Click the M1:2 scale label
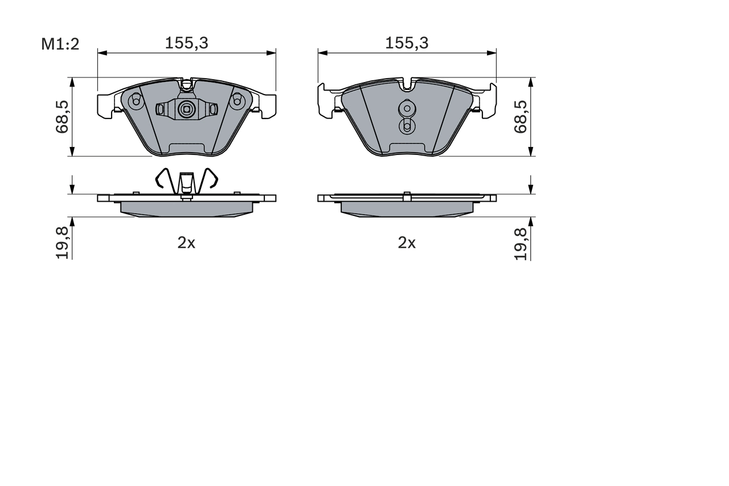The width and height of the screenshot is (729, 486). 60,44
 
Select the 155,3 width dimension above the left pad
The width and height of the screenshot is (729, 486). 186,43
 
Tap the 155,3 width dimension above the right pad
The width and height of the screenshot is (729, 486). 407,43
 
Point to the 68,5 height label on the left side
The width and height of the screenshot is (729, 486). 62,117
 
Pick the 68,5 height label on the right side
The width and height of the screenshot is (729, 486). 521,117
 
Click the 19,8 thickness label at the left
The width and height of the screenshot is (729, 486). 62,243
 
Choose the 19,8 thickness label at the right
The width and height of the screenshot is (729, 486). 521,243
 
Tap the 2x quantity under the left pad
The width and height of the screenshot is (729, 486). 186,243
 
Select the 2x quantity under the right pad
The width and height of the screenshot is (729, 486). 407,243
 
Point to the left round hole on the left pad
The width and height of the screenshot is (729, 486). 136,101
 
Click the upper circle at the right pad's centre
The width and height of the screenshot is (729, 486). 407,108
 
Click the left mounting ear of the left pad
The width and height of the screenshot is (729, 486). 105,106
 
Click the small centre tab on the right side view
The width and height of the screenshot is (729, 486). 407,197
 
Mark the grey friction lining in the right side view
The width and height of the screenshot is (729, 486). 407,209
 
